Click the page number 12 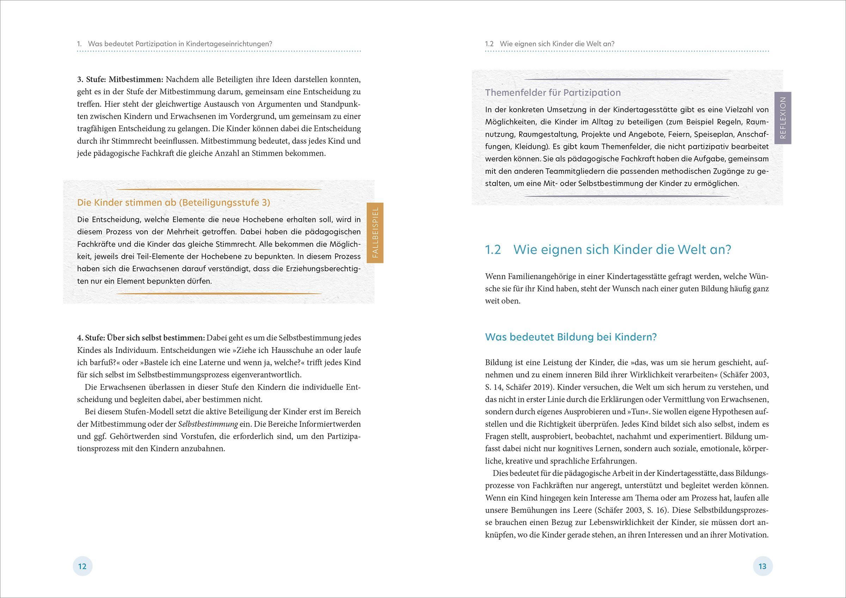point(82,566)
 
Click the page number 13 point(762,566)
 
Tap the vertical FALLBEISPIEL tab point(375,232)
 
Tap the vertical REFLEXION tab point(783,118)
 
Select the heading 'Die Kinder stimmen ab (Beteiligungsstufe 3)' point(173,203)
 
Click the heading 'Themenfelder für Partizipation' point(553,92)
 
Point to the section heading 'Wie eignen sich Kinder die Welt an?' point(622,250)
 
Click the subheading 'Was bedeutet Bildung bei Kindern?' point(571,337)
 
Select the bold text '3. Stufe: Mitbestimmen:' point(120,79)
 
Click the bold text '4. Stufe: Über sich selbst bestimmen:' point(141,337)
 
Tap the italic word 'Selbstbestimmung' point(208,424)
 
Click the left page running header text point(174,43)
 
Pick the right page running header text point(550,43)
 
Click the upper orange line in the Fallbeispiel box point(219,189)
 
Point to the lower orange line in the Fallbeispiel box point(219,294)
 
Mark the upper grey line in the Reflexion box point(627,79)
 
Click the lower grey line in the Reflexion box point(627,196)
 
